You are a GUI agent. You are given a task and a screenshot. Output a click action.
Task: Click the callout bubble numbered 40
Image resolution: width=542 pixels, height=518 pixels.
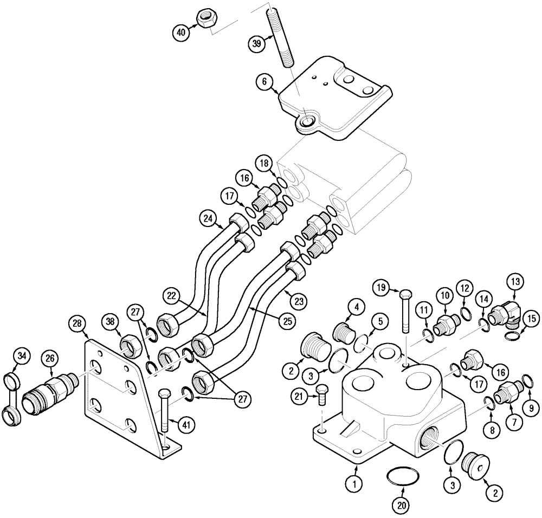tap(181, 33)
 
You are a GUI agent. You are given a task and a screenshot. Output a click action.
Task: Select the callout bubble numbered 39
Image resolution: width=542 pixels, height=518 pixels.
tap(257, 43)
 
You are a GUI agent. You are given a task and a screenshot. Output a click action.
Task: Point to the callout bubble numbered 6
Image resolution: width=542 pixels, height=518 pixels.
tap(264, 82)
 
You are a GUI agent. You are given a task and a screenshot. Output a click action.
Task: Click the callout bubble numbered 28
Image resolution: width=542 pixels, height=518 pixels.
tap(78, 324)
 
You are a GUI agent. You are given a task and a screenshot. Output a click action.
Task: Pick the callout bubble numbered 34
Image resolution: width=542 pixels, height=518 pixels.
tap(22, 356)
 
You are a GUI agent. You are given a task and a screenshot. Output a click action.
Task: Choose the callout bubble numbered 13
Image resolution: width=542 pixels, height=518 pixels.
tap(514, 281)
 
